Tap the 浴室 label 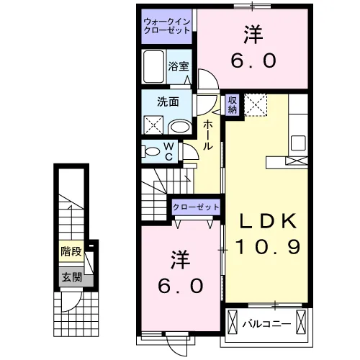tap(179, 66)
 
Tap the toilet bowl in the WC tap(152, 152)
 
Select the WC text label tap(168, 151)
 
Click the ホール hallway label tap(207, 135)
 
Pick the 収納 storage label tap(233, 104)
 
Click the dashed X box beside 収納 tap(256, 105)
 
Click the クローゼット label tap(196, 207)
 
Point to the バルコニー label tap(266, 323)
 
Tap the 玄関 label tap(70, 277)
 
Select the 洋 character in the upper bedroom tap(252, 34)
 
